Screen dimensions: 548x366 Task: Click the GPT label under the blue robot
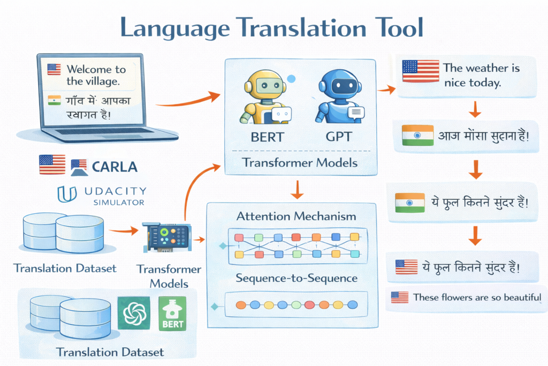pyautogui.click(x=339, y=137)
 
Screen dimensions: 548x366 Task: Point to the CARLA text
pyautogui.click(x=115, y=167)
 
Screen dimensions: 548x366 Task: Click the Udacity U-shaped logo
pyautogui.click(x=67, y=194)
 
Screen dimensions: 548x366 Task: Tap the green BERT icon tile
pyautogui.click(x=172, y=314)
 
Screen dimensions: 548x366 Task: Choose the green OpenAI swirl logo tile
pyautogui.click(x=134, y=313)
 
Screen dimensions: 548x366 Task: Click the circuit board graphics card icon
pyautogui.click(x=168, y=237)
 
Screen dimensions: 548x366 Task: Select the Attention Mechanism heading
pyautogui.click(x=296, y=216)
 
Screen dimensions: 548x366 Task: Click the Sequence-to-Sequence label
pyautogui.click(x=296, y=278)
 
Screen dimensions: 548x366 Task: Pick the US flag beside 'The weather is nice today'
pyautogui.click(x=421, y=71)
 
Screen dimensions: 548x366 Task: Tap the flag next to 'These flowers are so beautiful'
pyautogui.click(x=399, y=297)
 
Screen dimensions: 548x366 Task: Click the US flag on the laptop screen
pyautogui.click(x=54, y=69)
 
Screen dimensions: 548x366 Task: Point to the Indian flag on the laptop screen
pyautogui.click(x=54, y=100)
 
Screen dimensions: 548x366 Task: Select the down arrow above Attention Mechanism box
pyautogui.click(x=297, y=190)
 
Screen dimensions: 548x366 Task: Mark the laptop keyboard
pyautogui.click(x=104, y=132)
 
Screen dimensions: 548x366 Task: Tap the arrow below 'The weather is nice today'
pyautogui.click(x=475, y=109)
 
